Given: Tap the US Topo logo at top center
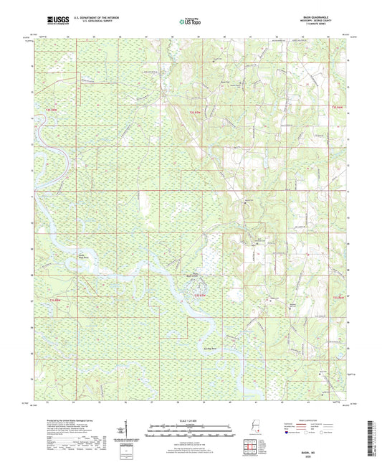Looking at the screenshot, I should pyautogui.click(x=190, y=22).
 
